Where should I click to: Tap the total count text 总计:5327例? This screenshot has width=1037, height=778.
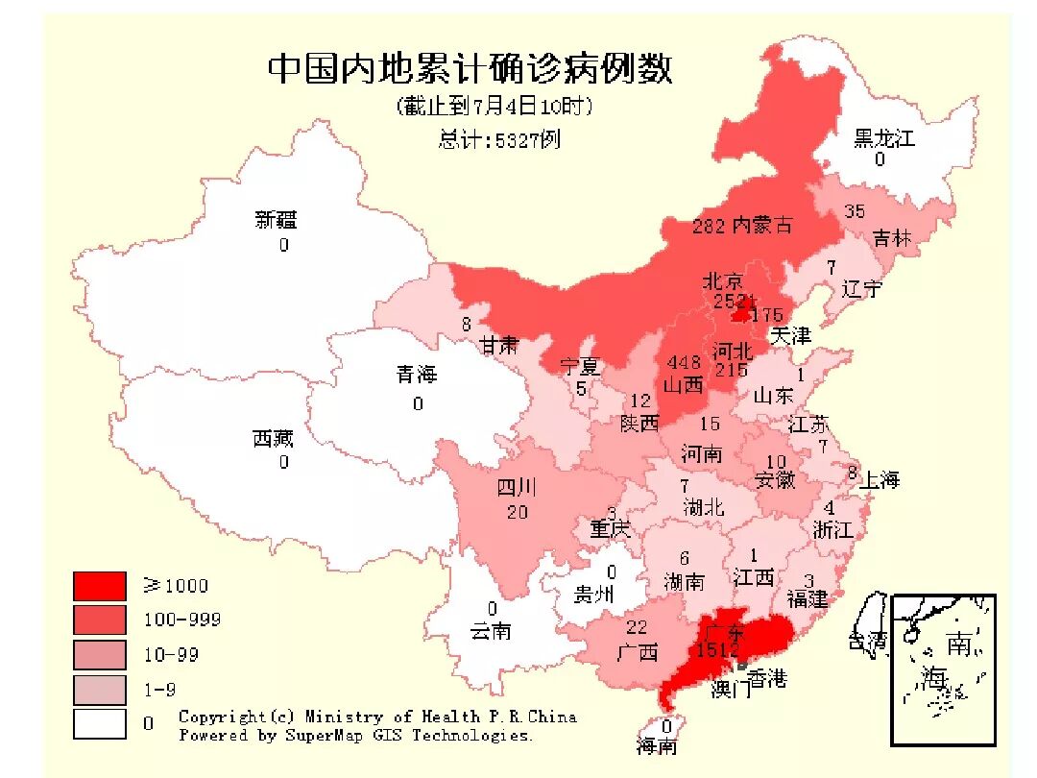(498, 139)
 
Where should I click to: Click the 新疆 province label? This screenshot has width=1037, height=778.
(276, 220)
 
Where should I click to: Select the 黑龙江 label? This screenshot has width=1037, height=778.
(883, 138)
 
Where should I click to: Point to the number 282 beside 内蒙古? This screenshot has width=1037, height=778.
(709, 227)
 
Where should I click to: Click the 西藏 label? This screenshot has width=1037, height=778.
(273, 439)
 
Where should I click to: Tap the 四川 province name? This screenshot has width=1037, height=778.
(517, 488)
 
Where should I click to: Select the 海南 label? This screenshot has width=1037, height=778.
(657, 746)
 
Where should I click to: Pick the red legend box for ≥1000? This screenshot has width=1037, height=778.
(99, 586)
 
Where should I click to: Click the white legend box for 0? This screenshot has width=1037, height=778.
(99, 723)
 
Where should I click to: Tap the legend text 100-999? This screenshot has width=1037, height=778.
(181, 620)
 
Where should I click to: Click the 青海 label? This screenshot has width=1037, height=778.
(417, 375)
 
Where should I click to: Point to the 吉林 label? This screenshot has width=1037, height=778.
(891, 238)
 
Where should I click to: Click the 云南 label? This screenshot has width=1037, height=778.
(491, 630)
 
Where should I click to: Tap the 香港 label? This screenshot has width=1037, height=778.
(767, 679)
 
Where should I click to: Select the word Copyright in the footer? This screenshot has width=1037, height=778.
(220, 717)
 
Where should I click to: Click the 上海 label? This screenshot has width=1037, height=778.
(879, 480)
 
